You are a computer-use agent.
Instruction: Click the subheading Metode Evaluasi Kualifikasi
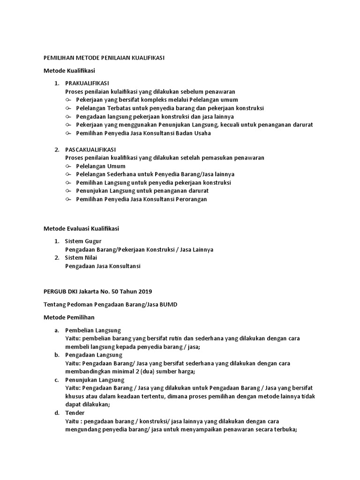click(x=81, y=228)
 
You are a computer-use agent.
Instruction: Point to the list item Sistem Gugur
click(x=83, y=241)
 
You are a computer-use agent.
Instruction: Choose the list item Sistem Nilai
click(x=82, y=258)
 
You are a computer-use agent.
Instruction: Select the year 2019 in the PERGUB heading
click(x=144, y=292)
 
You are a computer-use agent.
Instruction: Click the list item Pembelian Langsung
click(x=93, y=330)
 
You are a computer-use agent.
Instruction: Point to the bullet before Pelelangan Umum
click(x=68, y=166)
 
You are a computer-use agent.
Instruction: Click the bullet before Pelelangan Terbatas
click(x=68, y=108)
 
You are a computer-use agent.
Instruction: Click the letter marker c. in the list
click(x=56, y=380)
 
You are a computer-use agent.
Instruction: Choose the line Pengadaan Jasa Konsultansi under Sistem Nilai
click(x=103, y=266)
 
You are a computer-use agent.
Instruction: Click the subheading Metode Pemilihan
click(x=69, y=317)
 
